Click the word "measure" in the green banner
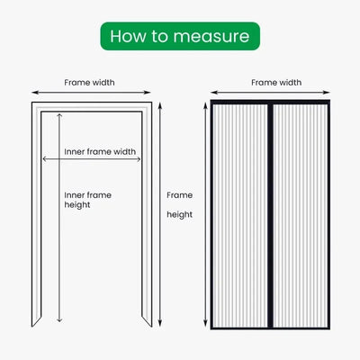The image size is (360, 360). [214, 36]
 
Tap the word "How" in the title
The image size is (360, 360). [125, 36]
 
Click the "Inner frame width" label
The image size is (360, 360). [100, 151]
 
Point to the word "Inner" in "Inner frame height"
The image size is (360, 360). [77, 193]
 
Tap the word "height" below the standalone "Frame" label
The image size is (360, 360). [181, 215]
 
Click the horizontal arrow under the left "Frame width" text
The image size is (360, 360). [90, 93]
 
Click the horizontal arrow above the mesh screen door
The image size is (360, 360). [269, 93]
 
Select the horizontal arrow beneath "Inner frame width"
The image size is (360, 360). [90, 160]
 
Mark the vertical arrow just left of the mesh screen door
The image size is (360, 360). [201, 216]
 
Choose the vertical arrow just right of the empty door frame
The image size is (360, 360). [159, 216]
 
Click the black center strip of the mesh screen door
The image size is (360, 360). [269, 216]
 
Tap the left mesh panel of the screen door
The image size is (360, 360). [240, 216]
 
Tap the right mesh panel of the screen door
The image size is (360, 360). [298, 216]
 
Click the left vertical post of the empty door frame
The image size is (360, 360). [36, 216]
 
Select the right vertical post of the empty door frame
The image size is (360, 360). [145, 216]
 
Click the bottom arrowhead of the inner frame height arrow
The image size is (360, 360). [59, 320]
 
